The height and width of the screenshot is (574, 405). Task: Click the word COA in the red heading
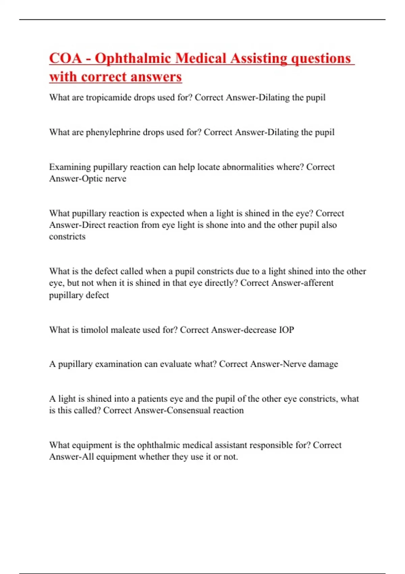coord(65,58)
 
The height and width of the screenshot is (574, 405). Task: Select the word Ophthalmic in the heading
coord(132,58)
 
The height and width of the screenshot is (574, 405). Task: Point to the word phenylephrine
coord(113,132)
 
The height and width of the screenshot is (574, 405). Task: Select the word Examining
coord(70,167)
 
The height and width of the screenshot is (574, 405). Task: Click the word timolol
coord(95,330)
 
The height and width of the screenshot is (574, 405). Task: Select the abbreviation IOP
coord(286,330)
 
